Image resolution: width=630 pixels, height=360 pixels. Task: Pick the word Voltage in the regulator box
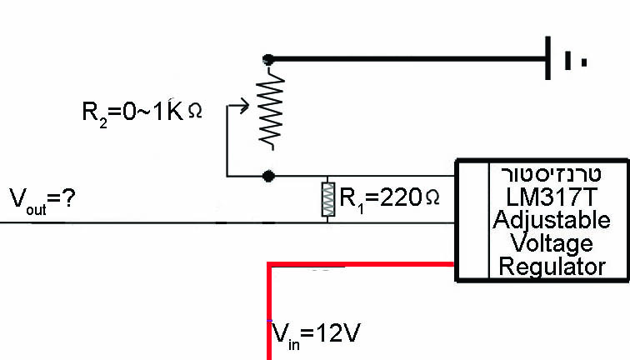[x=553, y=243]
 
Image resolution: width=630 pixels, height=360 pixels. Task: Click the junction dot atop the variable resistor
[x=267, y=59]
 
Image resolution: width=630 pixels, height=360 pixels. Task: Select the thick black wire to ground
[x=408, y=59]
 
